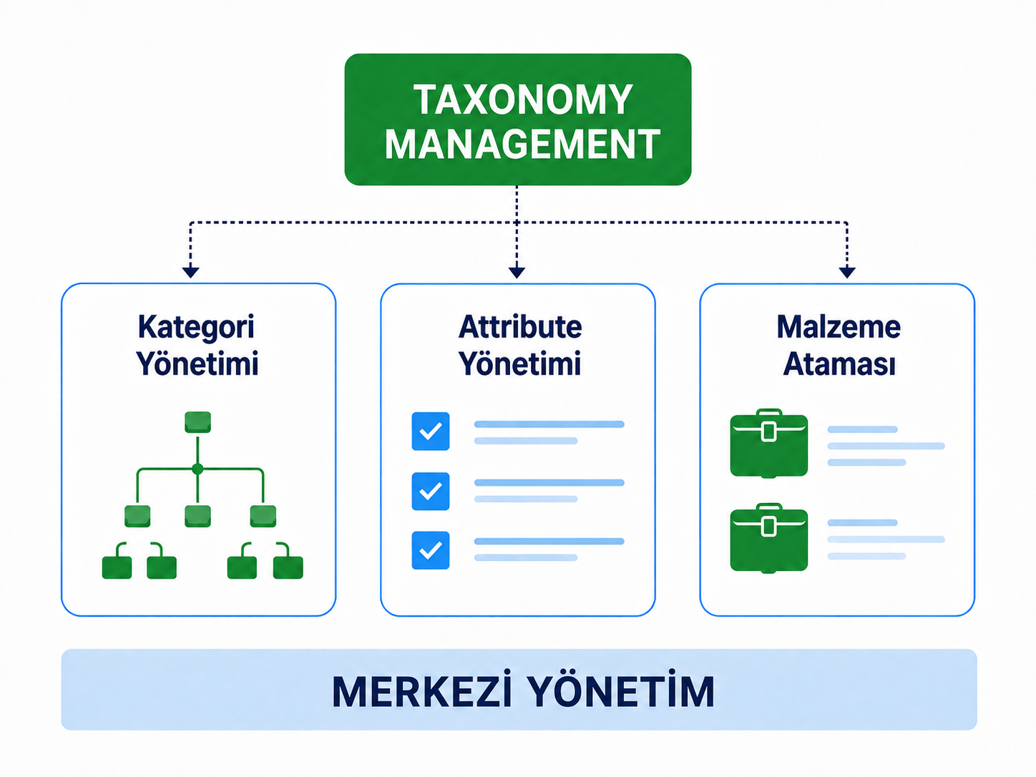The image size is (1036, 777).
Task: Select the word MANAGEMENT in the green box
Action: point(522,144)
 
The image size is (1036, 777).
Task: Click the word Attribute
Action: point(519,327)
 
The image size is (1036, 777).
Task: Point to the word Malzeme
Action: point(839,327)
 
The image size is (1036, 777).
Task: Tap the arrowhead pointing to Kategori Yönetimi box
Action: point(191,272)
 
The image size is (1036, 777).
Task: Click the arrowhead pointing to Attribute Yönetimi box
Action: point(517,272)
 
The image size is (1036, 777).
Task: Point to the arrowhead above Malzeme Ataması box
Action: point(847,272)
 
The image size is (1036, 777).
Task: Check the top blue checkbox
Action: point(431,431)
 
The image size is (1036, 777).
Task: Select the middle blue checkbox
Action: point(431,491)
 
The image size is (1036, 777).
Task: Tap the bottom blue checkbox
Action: point(431,550)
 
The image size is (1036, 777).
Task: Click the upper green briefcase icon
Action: point(769,444)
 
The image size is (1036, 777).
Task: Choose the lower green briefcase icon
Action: point(769,538)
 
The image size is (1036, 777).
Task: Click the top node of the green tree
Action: point(197,421)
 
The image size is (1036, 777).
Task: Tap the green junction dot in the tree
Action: point(197,469)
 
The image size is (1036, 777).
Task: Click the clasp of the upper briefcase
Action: point(769,432)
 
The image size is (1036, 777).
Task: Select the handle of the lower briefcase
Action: point(769,507)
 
